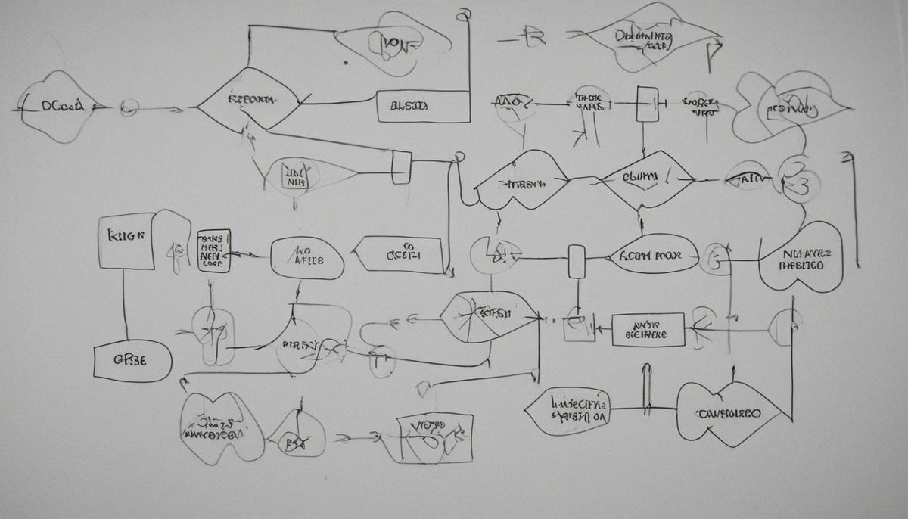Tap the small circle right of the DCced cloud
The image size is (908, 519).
[x=129, y=108]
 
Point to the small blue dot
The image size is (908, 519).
[x=345, y=63]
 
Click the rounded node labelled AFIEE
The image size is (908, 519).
[x=307, y=259]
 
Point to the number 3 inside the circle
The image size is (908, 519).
[x=803, y=182]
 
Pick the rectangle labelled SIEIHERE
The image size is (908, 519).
[x=647, y=330]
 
